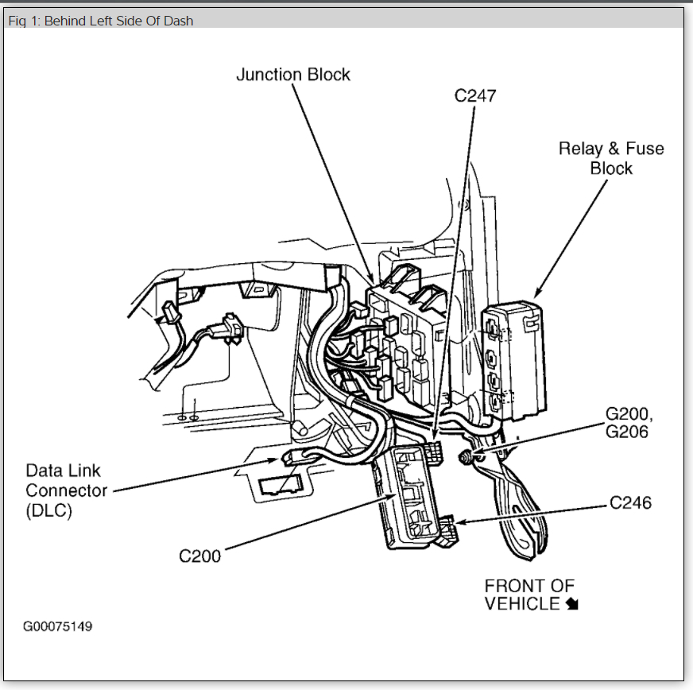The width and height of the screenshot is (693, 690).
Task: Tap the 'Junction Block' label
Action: pos(293,75)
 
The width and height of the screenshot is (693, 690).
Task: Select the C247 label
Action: pos(474,96)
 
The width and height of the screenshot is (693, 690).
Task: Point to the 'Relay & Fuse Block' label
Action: pos(610,158)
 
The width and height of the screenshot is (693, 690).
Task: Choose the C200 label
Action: pos(199,555)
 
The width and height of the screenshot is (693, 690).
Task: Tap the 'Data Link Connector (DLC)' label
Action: pos(66,490)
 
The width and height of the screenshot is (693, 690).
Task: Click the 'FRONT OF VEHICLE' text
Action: pos(529,595)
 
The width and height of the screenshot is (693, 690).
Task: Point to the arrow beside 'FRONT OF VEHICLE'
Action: pos(572,604)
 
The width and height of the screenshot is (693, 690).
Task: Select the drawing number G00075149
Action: pos(57,626)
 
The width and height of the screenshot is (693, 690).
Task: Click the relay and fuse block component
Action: pos(511,362)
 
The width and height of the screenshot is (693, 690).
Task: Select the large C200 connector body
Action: pos(409,497)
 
